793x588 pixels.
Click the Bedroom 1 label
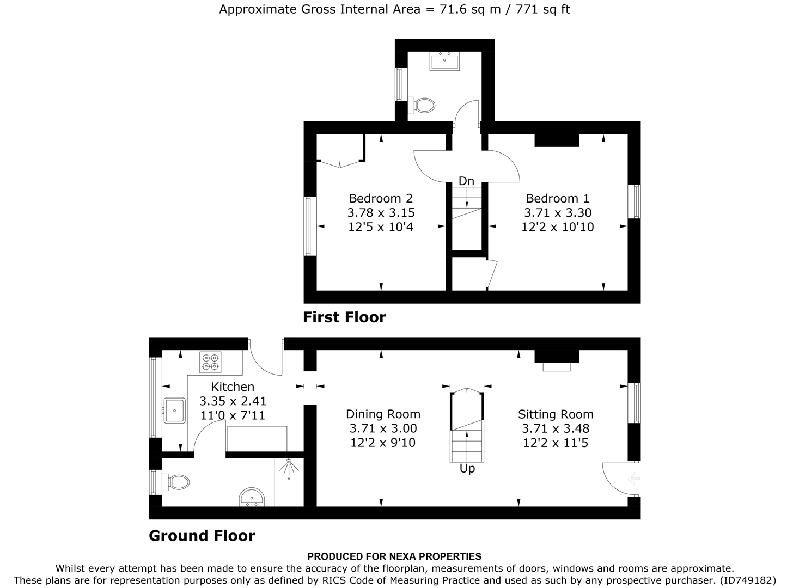pos(557,198)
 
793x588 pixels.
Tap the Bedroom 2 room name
pos(381,198)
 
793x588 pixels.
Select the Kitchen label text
pos(233,387)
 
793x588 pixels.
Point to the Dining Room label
pos(383,414)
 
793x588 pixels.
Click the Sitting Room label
pos(556,414)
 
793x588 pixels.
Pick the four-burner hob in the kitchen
pos(211,362)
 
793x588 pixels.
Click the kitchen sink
pos(175,410)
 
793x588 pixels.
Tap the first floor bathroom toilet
pos(423,105)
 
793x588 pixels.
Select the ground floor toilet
pos(178,482)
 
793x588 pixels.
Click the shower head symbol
pos(288,467)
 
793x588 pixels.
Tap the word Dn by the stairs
pos(466,181)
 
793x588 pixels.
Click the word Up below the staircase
pos(467,469)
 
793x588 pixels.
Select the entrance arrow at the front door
pos(633,479)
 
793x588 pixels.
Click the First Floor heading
pos(344,317)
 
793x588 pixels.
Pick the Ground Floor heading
pos(202,536)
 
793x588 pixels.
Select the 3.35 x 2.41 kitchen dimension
pos(233,402)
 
